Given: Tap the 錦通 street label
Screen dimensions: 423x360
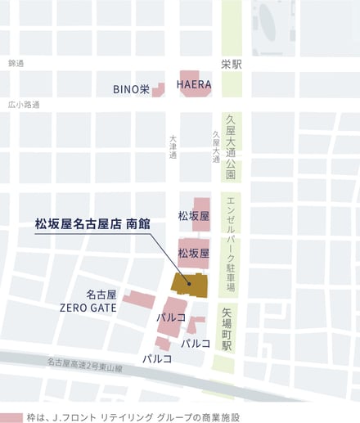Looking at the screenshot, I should (16, 63).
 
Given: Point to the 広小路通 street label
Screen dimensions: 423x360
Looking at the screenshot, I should (24, 105).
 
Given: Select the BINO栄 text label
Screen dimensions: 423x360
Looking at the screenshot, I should (131, 89).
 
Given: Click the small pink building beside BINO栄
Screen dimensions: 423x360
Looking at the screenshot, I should (158, 89).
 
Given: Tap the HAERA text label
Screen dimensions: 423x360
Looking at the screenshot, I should (195, 83).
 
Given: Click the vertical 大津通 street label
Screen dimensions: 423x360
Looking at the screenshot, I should (173, 147).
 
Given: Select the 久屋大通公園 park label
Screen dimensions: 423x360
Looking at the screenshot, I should (231, 147).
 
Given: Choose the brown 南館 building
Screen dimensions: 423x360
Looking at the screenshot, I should (190, 284).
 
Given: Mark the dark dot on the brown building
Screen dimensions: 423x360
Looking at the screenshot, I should (190, 284).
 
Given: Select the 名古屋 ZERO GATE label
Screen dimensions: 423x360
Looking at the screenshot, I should (88, 300).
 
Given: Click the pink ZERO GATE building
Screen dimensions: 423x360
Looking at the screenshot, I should (139, 298).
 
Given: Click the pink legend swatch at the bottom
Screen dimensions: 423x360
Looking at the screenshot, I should (11, 416).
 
